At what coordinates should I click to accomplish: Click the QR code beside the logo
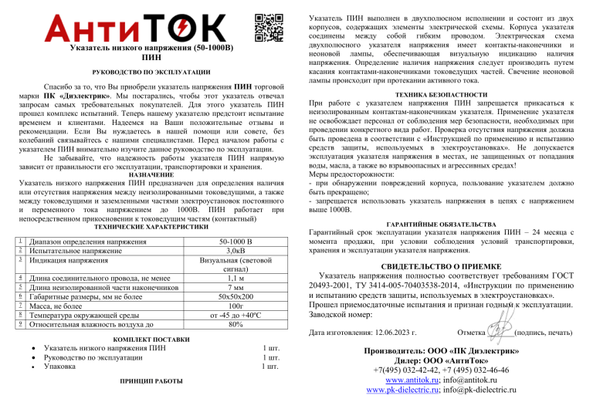point(266,27)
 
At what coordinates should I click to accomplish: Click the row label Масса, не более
point(59,306)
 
